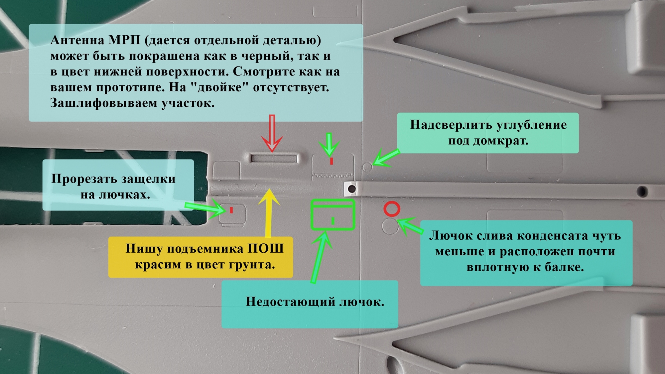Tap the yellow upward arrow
click(268, 213)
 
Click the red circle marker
click(392, 209)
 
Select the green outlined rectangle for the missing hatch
click(332, 214)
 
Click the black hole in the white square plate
click(351, 189)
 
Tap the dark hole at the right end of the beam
click(642, 191)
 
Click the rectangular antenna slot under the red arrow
click(274, 158)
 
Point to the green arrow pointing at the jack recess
click(386, 157)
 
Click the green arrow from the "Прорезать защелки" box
click(204, 208)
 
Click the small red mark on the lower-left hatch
click(231, 210)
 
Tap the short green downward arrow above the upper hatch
click(329, 144)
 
